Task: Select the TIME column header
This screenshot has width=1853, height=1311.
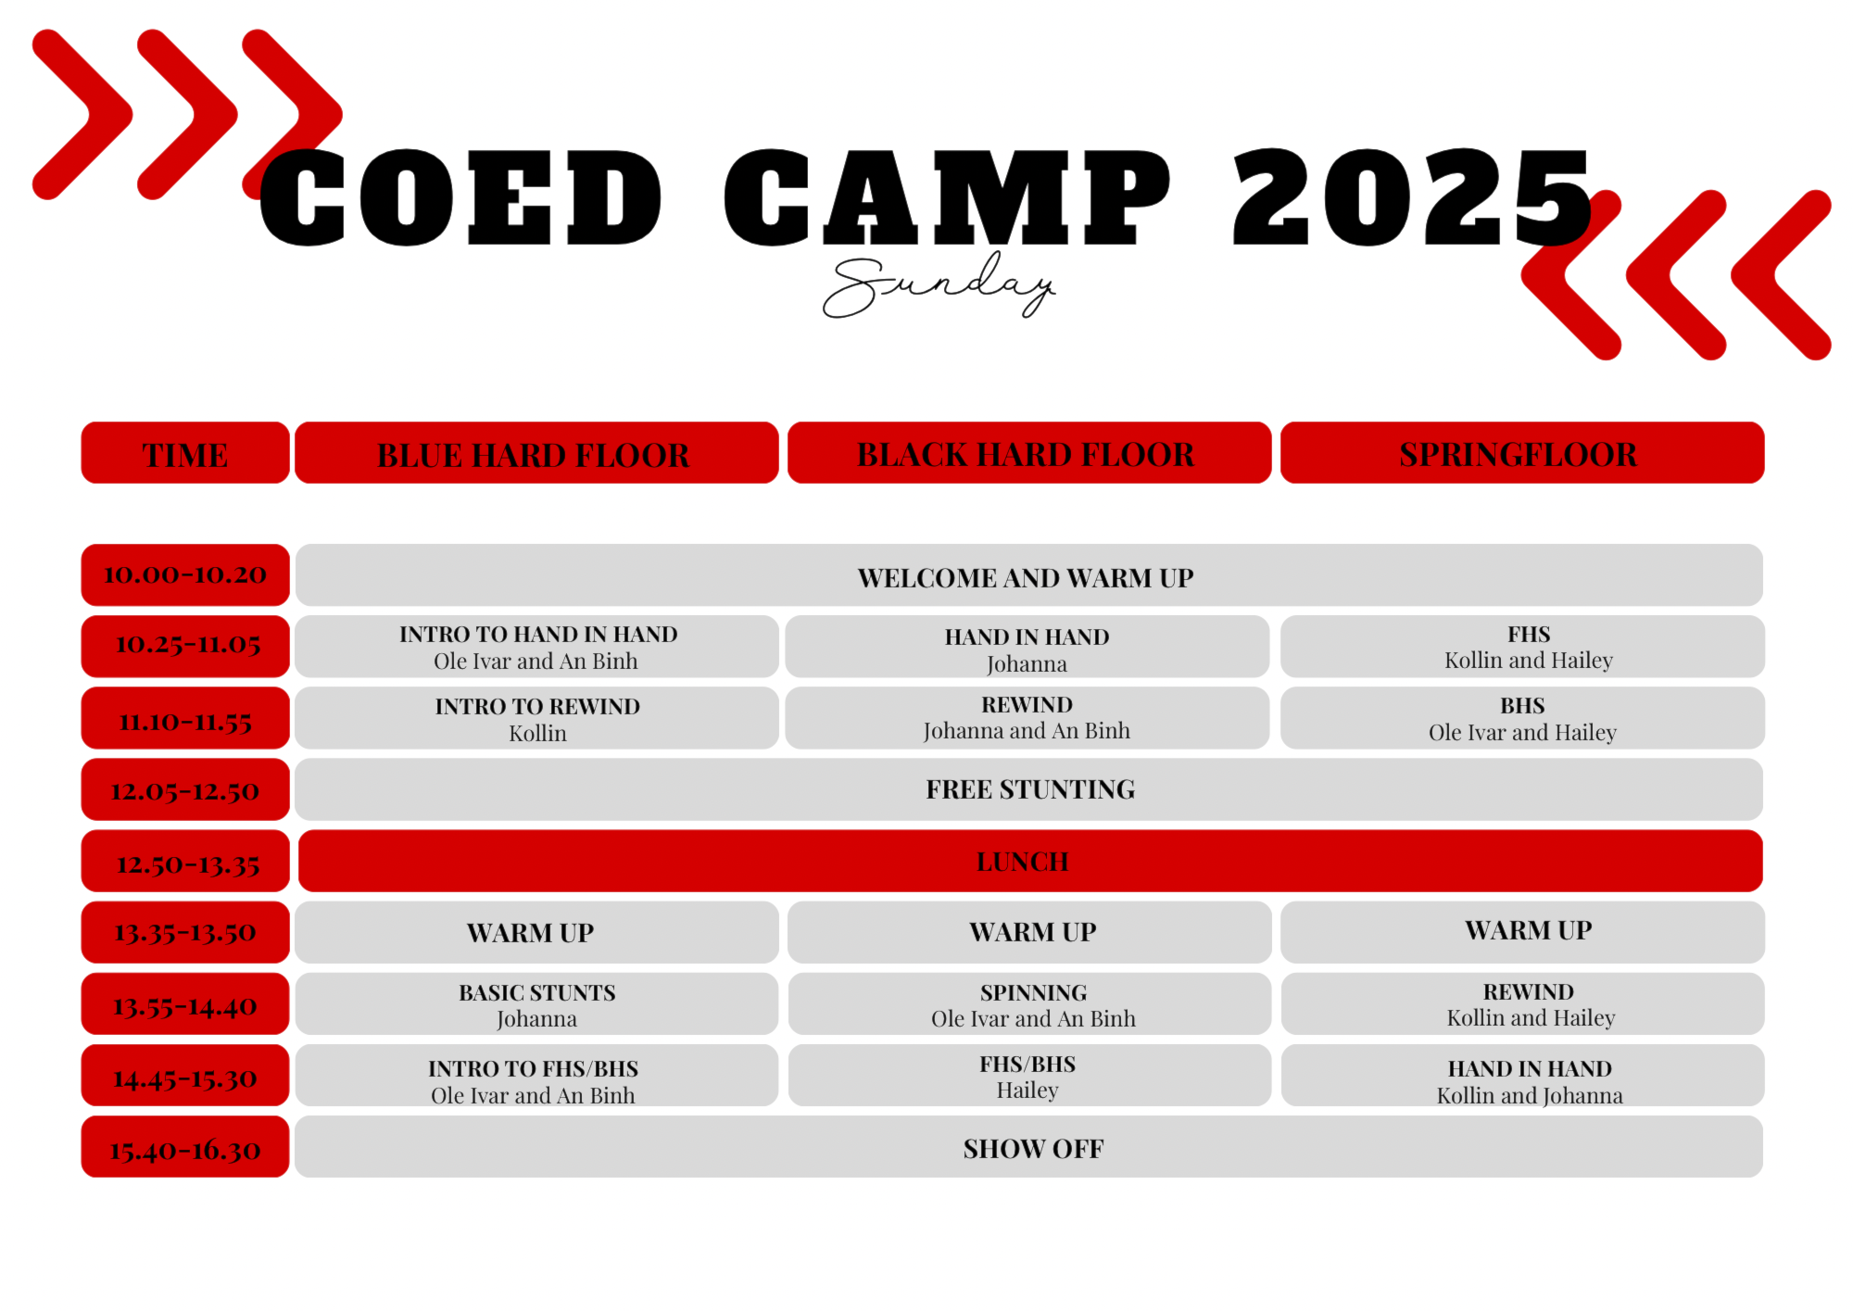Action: (185, 453)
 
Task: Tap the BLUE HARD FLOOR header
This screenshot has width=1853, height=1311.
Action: (536, 453)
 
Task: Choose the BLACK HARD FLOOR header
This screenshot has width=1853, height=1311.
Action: (1028, 453)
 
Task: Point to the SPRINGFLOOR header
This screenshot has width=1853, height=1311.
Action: (1522, 453)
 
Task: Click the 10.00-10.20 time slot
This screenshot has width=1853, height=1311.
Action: (185, 574)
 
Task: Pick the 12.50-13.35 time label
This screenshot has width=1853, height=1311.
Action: (185, 862)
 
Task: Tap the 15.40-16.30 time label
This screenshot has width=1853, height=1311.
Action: (185, 1147)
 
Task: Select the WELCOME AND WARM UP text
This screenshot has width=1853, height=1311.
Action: (1026, 578)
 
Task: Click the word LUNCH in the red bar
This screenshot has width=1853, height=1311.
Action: (1023, 862)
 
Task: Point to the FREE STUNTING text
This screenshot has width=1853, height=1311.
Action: (1030, 789)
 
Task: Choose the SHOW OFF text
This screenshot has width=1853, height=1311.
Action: (1033, 1149)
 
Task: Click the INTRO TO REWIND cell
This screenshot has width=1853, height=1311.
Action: (536, 718)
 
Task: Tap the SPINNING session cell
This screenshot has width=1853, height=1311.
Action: (1029, 1004)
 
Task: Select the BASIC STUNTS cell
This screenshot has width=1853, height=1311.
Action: (536, 1004)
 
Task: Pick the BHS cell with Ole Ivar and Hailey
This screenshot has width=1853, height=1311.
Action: (1522, 718)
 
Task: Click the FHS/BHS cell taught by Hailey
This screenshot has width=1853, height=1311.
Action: (1029, 1076)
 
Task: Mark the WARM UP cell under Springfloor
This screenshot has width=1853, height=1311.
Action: (1522, 932)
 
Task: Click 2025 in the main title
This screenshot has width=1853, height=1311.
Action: (1412, 197)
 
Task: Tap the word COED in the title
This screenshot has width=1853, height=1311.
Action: (460, 197)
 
